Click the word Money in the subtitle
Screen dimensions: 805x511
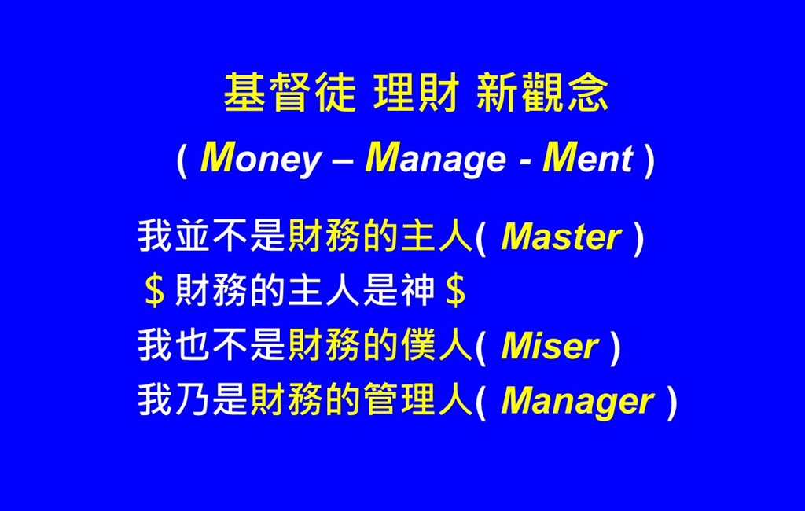click(x=260, y=159)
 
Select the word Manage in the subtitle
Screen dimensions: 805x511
click(x=436, y=159)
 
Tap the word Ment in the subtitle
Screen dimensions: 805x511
click(x=587, y=158)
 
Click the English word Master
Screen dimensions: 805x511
click(x=561, y=237)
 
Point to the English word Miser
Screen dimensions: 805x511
click(x=550, y=346)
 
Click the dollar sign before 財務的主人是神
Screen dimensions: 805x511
click(x=155, y=291)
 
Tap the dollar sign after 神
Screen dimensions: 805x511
click(x=456, y=291)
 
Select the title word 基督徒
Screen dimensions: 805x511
click(x=290, y=93)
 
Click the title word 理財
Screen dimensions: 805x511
click(x=417, y=93)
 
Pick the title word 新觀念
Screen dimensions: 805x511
click(x=542, y=93)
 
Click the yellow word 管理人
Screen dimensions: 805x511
click(x=417, y=400)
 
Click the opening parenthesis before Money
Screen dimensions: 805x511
click(x=182, y=160)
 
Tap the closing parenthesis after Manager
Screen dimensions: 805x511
click(x=671, y=403)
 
